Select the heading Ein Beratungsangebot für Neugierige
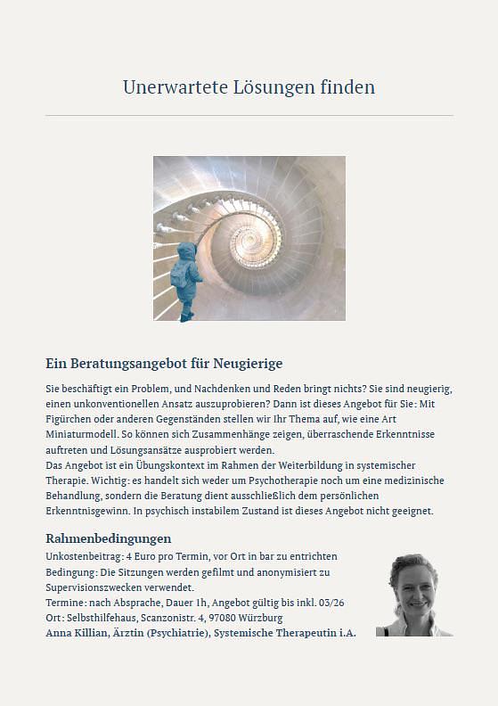pyautogui.click(x=164, y=364)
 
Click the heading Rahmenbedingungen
pyautogui.click(x=108, y=538)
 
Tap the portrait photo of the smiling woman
pyautogui.click(x=413, y=595)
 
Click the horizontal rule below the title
pyautogui.click(x=249, y=116)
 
